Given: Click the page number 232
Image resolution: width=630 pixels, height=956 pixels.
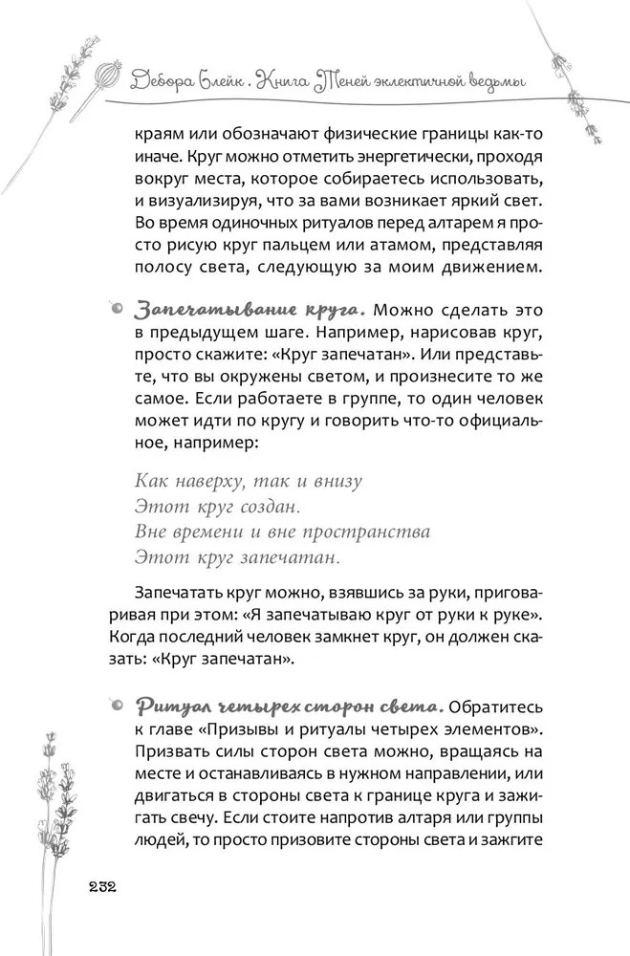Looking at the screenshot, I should click(98, 885).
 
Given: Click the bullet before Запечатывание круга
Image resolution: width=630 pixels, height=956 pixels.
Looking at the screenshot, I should click(115, 309).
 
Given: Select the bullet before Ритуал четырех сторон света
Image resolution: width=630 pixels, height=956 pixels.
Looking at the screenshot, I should click(115, 706).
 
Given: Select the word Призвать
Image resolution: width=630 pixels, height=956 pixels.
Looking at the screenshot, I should click(175, 755).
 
